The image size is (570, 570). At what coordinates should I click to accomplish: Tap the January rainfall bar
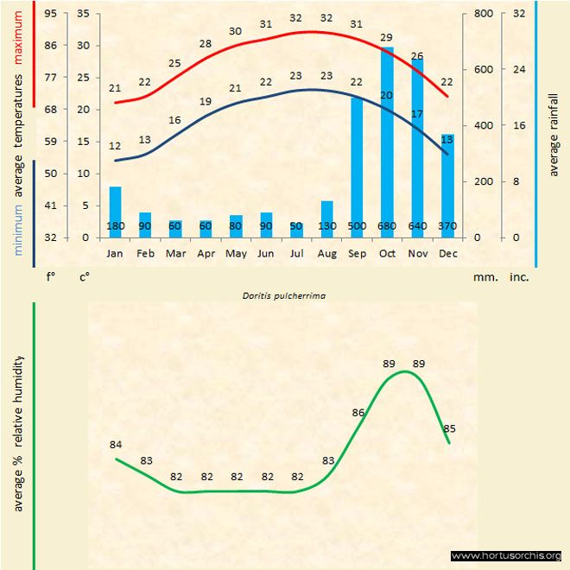click(115, 212)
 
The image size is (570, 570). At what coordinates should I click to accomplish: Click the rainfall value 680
click(387, 226)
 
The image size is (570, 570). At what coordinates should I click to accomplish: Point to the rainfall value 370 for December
click(447, 226)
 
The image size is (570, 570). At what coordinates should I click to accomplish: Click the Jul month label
click(296, 254)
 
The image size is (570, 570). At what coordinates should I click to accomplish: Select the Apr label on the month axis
click(206, 254)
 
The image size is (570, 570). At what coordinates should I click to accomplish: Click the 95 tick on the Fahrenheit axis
click(52, 14)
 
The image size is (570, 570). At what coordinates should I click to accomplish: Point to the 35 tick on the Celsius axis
click(83, 14)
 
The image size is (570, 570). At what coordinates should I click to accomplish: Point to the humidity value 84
click(116, 445)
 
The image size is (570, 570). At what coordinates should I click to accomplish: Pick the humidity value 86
click(358, 413)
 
